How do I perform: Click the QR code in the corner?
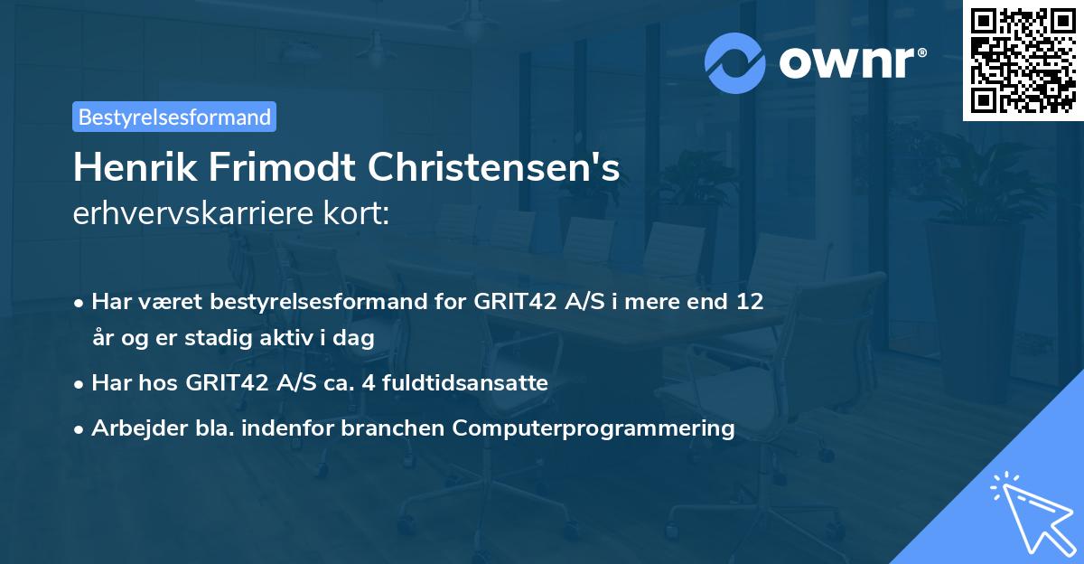pyautogui.click(x=1023, y=61)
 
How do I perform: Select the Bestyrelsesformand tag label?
pyautogui.click(x=174, y=117)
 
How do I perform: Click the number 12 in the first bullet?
pyautogui.click(x=749, y=301)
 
